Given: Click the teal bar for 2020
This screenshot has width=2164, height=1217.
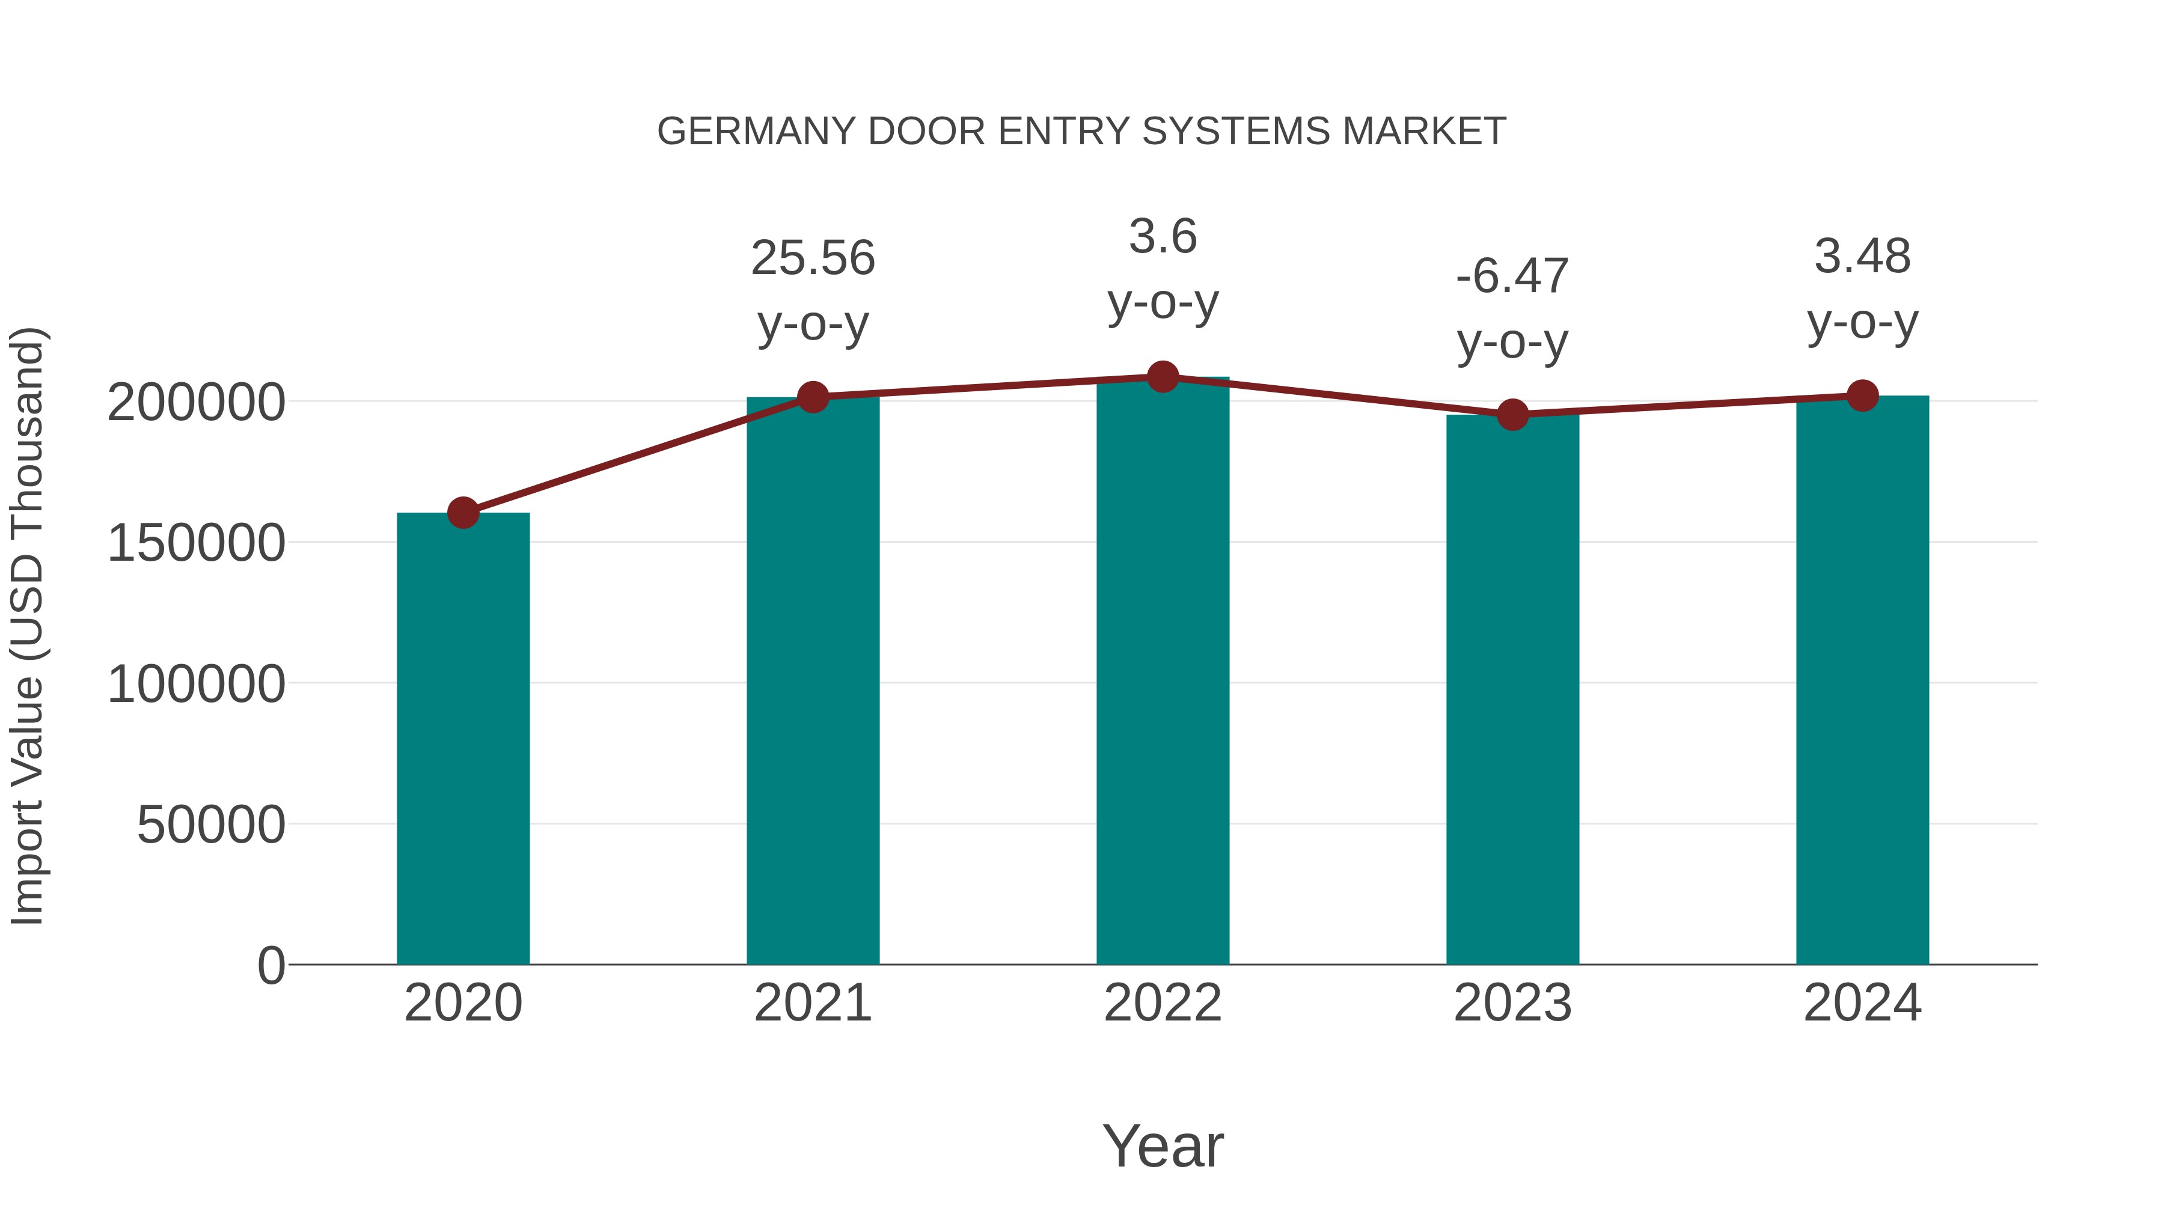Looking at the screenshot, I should click(463, 739).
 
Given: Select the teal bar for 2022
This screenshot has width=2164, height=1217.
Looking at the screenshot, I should click(1163, 672).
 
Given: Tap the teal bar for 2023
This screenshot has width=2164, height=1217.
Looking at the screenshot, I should click(1512, 689).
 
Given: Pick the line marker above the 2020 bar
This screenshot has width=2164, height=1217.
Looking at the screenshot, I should click(463, 512).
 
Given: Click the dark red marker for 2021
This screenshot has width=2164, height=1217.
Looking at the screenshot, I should click(813, 397).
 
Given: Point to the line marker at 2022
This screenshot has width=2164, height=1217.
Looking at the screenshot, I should click(1163, 377).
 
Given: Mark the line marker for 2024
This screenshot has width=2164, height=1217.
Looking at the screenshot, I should click(1862, 395).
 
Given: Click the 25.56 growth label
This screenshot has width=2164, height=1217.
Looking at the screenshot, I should click(813, 258).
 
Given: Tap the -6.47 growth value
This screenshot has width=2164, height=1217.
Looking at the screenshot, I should click(1512, 276).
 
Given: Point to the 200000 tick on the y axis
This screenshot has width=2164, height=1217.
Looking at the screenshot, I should click(196, 402).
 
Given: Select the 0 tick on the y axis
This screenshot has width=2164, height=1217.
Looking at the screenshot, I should click(271, 966).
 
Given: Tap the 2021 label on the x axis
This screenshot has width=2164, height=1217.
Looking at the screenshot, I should click(813, 1004).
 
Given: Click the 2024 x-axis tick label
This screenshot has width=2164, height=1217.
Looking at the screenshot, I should click(1862, 1004).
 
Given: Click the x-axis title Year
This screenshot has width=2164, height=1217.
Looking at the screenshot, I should click(1163, 1147).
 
